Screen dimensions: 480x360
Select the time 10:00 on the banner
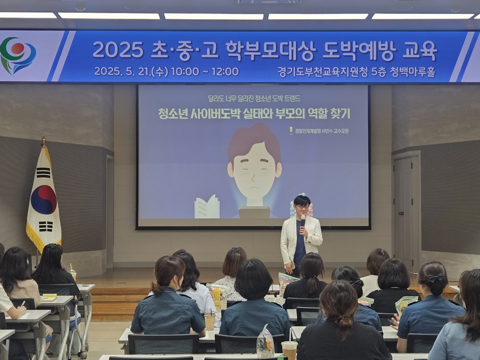pyautogui.click(x=185, y=72)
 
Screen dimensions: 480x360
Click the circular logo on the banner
pyautogui.click(x=18, y=56)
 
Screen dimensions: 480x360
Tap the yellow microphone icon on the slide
pyautogui.click(x=291, y=131)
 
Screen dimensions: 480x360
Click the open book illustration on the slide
pyautogui.click(x=207, y=207)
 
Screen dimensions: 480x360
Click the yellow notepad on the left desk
pyautogui.click(x=49, y=297)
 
